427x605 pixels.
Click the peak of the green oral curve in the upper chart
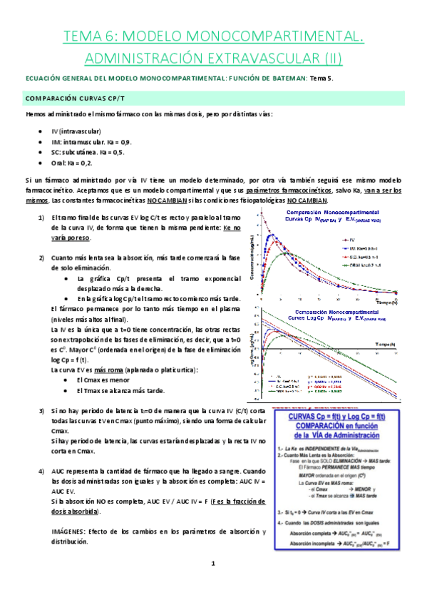(x=285, y=253)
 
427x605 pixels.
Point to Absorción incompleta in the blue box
(x=312, y=542)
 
